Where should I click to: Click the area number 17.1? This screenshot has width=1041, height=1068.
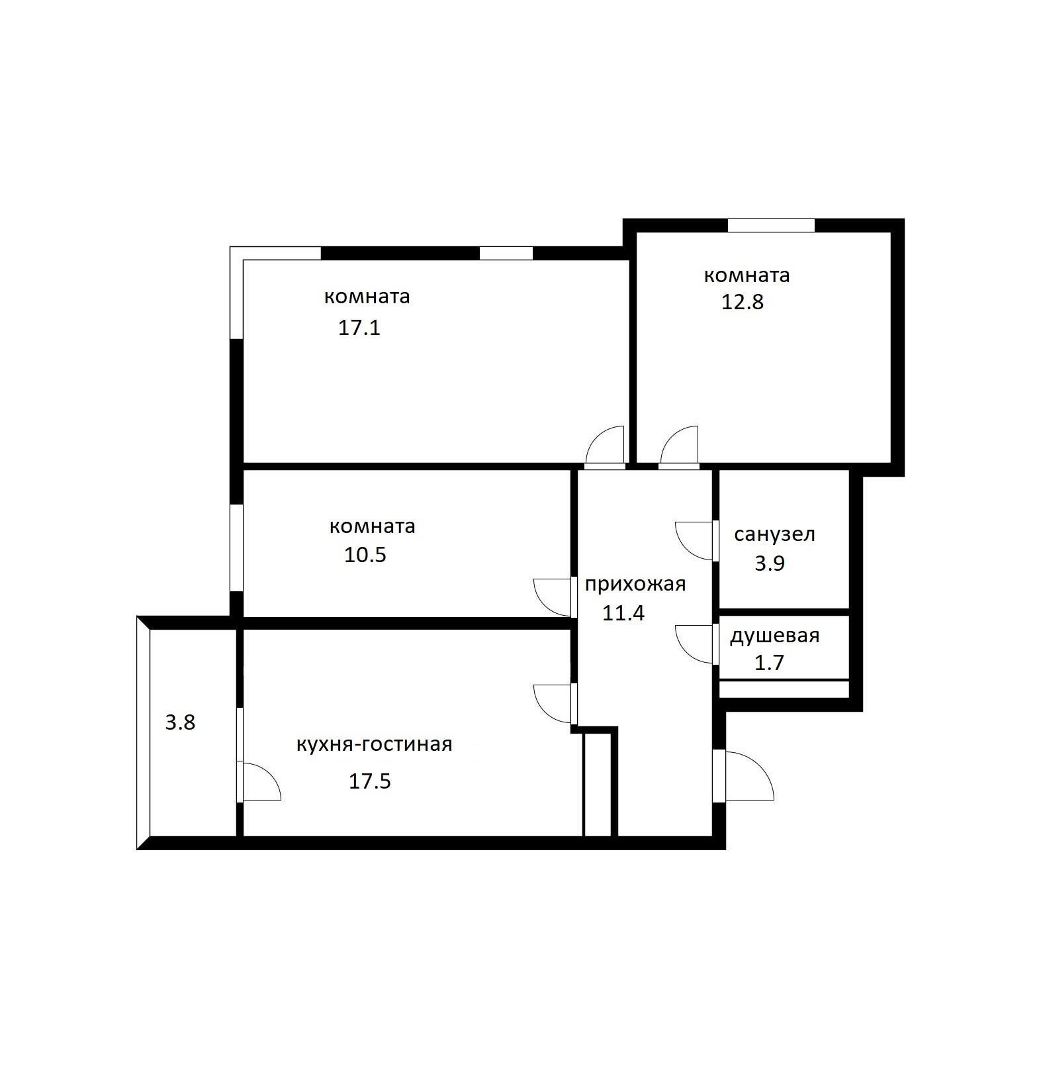point(359,328)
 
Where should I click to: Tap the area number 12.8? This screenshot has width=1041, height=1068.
point(742,302)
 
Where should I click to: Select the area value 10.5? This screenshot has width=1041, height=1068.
point(365,554)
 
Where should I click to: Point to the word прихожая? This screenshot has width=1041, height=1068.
point(635,584)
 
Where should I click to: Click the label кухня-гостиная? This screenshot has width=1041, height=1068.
point(374,744)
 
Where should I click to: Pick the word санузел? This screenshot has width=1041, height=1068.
point(774,534)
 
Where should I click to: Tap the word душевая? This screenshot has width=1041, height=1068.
point(774,636)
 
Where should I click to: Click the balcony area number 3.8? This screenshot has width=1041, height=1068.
point(180,722)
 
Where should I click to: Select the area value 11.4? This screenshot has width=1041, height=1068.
point(623,613)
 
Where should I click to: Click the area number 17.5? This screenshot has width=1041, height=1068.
point(370,781)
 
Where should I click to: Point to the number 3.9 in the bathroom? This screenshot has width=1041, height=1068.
point(769,563)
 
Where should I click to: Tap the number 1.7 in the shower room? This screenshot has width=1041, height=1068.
point(769,663)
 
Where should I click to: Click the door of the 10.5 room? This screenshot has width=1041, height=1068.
point(553,597)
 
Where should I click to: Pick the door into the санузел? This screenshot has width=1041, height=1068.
point(695,540)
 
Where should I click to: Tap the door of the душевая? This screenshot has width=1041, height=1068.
point(695,643)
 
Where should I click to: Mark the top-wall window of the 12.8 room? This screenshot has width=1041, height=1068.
point(770,225)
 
